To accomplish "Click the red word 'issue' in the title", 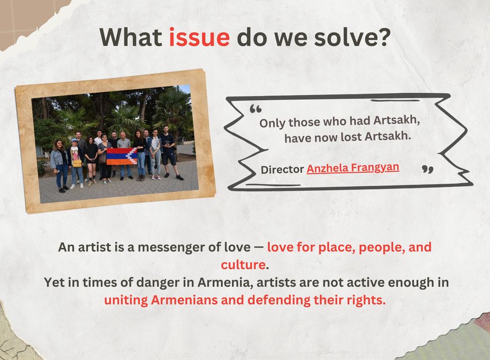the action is tap(199, 37).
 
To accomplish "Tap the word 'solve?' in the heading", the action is tap(352, 37).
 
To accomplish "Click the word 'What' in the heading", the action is tap(131, 37).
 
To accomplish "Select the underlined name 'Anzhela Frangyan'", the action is tap(353, 168).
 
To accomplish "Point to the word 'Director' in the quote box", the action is tap(282, 169).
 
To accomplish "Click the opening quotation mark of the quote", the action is tap(256, 109).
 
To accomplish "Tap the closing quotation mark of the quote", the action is tap(428, 169).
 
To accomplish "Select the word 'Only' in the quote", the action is tap(272, 123).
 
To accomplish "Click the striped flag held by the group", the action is tap(121, 157).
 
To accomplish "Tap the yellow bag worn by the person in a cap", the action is tap(77, 163).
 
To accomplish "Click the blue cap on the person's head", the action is tap(74, 141).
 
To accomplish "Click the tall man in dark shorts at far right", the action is tap(169, 153).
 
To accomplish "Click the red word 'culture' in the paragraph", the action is tap(243, 265).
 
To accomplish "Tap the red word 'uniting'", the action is tap(126, 300).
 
